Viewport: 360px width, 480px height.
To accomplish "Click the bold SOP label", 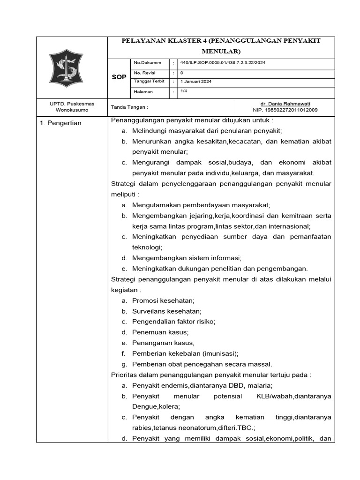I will [119, 77].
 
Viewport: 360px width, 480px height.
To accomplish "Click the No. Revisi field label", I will [145, 73].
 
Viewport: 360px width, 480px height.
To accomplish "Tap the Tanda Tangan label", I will [129, 107].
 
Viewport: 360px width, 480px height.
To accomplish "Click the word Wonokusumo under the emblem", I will [66, 110].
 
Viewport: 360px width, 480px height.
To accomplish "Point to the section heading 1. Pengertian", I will [60, 123].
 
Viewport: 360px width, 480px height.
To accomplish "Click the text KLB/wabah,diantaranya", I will [293, 396].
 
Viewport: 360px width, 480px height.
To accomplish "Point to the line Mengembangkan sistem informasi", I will [187, 258].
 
